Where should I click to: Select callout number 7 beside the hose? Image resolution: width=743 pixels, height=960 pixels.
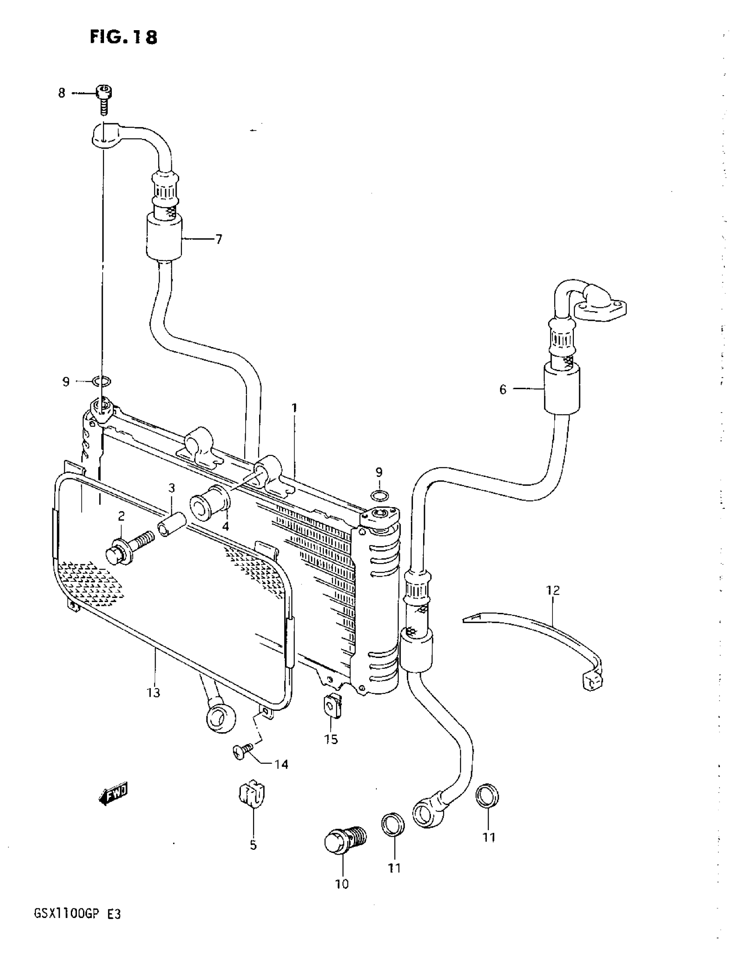click(219, 240)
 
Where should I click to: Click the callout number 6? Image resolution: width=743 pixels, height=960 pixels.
click(503, 390)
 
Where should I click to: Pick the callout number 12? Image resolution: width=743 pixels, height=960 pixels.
click(553, 590)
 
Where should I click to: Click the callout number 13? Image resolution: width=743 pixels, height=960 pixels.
click(153, 693)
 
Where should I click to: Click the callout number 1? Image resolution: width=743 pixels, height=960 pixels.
click(295, 408)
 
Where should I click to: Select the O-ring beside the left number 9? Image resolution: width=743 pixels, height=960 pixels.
click(101, 381)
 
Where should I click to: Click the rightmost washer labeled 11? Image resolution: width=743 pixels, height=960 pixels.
click(488, 796)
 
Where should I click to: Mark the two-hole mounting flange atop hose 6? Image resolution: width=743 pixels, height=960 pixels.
click(600, 311)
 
